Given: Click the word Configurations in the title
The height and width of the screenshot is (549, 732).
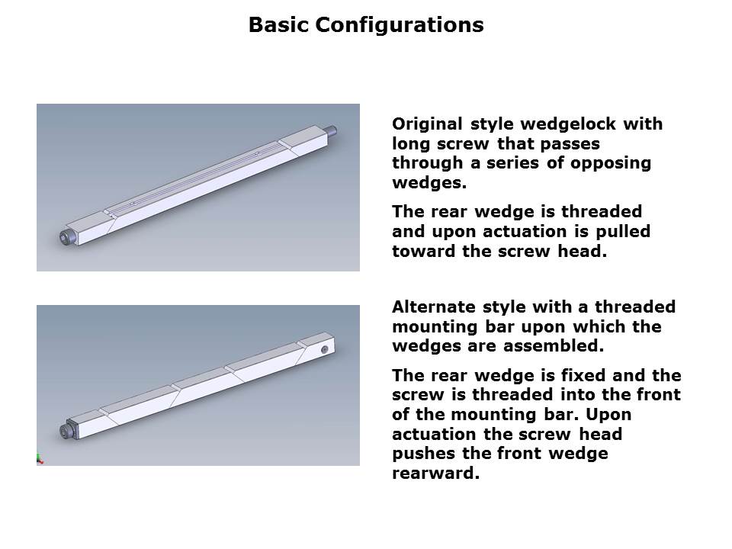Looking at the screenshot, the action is pyautogui.click(x=399, y=25).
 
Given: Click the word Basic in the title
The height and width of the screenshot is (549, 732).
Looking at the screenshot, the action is pyautogui.click(x=279, y=24).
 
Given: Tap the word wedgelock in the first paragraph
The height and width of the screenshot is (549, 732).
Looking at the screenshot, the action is pyautogui.click(x=569, y=124).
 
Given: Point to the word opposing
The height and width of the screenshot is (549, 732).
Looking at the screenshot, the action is pyautogui.click(x=611, y=163).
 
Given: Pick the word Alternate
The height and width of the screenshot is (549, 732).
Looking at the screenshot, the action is pyautogui.click(x=434, y=307).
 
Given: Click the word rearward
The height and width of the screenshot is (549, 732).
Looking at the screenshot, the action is pyautogui.click(x=436, y=474).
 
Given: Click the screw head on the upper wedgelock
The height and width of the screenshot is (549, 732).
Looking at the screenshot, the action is pyautogui.click(x=67, y=236).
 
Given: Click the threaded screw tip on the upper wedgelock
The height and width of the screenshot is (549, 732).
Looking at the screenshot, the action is pyautogui.click(x=332, y=130).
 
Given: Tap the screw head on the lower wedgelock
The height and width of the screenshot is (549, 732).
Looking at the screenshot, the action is pyautogui.click(x=67, y=431).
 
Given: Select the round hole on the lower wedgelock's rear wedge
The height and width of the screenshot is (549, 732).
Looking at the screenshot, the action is pyautogui.click(x=325, y=350).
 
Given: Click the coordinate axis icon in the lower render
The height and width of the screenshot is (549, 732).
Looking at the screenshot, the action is pyautogui.click(x=39, y=460).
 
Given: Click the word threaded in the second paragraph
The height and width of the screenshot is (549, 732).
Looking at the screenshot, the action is pyautogui.click(x=602, y=212).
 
